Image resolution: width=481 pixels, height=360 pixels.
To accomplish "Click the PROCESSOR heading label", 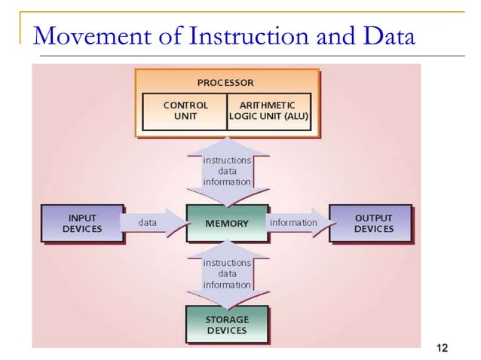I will point(225,82).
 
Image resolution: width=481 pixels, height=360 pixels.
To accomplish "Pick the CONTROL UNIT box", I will point(185,111).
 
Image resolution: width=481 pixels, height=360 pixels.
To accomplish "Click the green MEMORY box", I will point(227,224).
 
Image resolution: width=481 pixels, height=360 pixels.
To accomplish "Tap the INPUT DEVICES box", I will point(82,224).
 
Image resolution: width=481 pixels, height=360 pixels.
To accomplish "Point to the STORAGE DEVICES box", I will point(227,325).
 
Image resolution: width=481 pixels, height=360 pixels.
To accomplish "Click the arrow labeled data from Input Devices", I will point(153,223).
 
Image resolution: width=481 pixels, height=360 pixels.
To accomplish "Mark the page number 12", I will point(442,347).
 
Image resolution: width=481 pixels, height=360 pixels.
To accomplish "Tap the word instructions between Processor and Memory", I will point(227,160).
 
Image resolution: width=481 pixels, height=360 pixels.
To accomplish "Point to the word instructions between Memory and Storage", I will point(227,263).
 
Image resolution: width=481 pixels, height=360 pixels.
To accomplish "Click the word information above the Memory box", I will point(227,182).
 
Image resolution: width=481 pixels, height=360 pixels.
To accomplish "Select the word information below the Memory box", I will point(227,285).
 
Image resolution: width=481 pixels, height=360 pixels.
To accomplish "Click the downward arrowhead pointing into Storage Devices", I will point(227,300).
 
